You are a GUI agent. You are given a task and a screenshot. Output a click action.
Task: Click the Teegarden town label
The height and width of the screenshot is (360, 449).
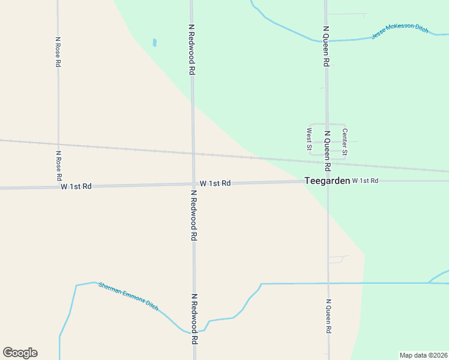[327, 180]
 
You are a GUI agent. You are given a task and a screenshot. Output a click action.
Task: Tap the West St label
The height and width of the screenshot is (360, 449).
[310, 139]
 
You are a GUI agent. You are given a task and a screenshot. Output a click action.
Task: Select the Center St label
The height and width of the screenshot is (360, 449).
[345, 142]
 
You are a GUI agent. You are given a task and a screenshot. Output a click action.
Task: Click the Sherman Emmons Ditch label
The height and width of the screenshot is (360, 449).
[128, 295]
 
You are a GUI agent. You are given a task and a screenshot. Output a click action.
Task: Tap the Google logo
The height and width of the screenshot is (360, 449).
[20, 353]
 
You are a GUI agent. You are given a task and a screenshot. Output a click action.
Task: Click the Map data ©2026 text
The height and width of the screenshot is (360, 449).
[423, 355]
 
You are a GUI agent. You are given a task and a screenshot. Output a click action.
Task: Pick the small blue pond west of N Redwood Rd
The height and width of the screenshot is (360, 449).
[154, 43]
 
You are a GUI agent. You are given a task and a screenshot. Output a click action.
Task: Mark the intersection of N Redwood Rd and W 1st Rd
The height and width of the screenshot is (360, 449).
[193, 184]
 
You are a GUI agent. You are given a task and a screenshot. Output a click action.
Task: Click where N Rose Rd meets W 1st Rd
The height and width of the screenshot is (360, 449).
[58, 187]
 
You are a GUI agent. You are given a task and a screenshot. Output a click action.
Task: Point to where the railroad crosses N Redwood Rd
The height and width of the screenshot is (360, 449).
[193, 153]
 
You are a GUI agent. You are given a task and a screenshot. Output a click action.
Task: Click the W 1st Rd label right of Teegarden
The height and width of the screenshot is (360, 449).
[366, 181]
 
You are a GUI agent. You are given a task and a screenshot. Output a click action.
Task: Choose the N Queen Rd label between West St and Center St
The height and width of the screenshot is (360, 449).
[327, 150]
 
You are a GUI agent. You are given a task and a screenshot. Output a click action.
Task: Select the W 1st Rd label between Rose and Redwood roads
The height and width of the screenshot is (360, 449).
[76, 187]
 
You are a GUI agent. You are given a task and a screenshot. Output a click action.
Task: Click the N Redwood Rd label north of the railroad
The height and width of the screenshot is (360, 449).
[191, 50]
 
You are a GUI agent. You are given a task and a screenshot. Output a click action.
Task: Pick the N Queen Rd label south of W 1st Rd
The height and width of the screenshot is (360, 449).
[328, 316]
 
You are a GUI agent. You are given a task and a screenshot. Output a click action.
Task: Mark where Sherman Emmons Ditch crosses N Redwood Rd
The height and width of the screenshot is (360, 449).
[193, 332]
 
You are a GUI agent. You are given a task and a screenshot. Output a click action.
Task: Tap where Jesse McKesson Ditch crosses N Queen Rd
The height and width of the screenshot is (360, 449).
[327, 41]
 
